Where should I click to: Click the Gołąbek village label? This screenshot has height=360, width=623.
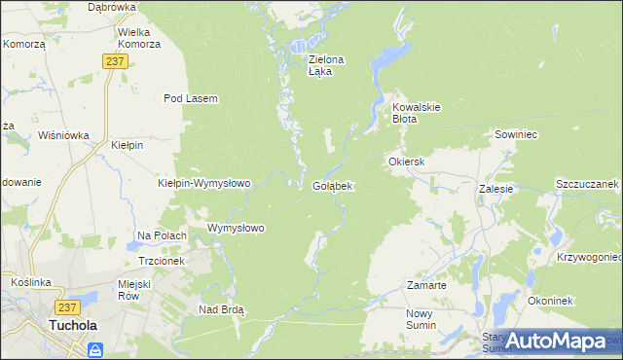click(332, 185)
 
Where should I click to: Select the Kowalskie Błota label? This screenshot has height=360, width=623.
click(418, 113)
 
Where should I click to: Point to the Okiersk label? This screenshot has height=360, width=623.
click(408, 162)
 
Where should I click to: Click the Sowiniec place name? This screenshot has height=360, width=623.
click(516, 133)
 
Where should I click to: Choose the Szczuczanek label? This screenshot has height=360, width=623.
click(587, 184)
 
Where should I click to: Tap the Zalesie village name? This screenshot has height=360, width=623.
click(495, 189)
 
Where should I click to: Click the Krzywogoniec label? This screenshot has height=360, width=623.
click(590, 258)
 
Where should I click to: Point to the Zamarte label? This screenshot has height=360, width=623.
click(426, 286)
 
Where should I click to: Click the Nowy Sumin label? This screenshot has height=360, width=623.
click(424, 320)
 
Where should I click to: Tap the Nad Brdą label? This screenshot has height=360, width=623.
click(221, 309)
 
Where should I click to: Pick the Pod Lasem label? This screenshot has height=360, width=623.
click(190, 98)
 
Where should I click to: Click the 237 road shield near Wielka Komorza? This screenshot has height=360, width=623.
click(115, 60)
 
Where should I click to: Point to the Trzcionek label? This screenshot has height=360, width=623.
click(162, 262)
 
